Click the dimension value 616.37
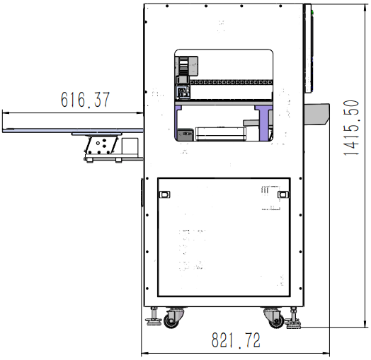tap(86, 99)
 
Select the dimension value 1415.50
tap(351, 128)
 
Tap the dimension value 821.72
tap(236, 340)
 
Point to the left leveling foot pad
tap(154, 321)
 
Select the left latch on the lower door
tap(164, 194)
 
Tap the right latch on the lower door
tap(282, 194)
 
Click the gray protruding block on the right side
tap(316, 114)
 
